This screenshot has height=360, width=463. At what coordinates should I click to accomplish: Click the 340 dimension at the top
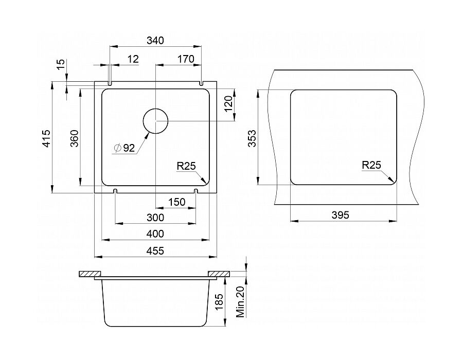155,40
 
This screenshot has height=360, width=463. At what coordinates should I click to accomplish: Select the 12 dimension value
133,59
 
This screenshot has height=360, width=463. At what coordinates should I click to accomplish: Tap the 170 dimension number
186,59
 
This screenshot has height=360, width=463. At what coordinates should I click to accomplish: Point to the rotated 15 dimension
61,64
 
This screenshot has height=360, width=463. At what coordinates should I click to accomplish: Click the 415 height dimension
46,138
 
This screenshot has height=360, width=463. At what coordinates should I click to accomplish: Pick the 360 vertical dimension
75,138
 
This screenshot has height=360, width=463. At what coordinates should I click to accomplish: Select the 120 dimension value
228,104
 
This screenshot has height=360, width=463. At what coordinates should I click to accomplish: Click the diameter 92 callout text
124,148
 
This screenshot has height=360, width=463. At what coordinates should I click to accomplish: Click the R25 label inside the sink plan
186,166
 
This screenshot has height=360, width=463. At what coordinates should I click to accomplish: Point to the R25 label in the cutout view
371,165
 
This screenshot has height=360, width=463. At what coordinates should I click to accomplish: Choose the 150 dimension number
176,202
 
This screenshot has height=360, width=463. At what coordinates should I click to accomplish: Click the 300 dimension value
155,218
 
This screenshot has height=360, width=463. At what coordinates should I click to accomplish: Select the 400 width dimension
155,234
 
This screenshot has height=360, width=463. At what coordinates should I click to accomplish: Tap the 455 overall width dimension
155,251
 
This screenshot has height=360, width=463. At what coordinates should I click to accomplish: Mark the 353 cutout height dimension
252,138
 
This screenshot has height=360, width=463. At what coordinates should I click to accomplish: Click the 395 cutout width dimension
341,215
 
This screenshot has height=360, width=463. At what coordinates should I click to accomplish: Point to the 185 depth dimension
219,302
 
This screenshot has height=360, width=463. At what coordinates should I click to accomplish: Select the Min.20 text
241,302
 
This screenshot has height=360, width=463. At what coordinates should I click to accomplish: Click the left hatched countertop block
91,274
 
